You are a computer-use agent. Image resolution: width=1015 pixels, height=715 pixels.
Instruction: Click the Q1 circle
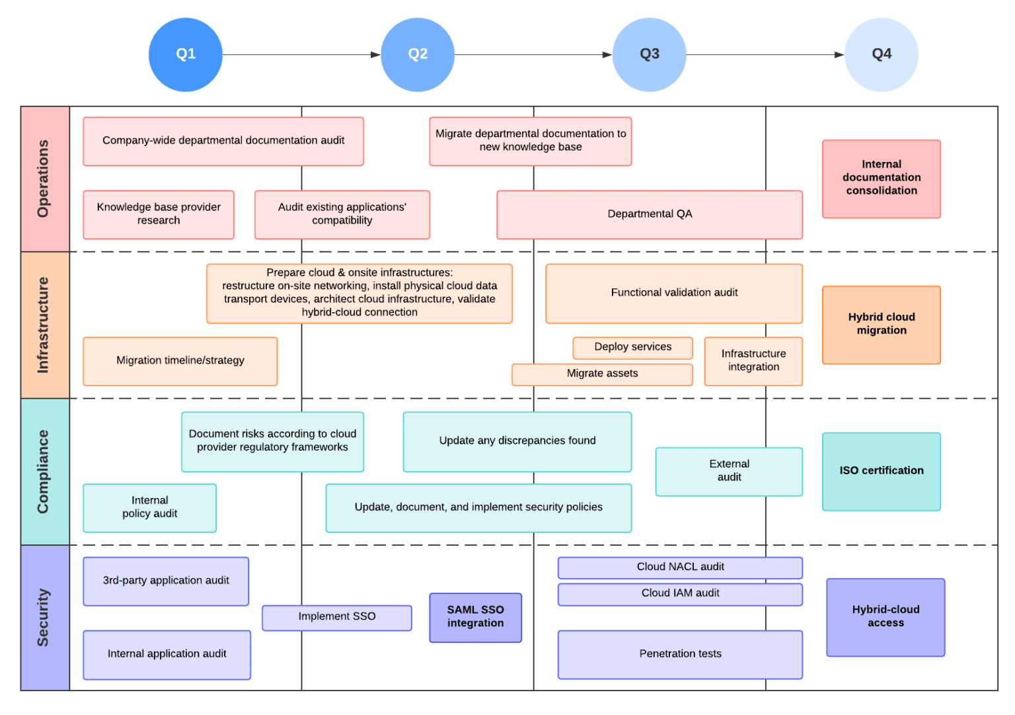186,54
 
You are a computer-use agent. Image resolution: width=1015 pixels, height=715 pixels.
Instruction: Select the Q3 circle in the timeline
650,54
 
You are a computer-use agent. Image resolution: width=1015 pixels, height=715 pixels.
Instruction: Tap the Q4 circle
882,54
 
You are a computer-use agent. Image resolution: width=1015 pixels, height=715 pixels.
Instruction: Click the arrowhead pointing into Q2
375,55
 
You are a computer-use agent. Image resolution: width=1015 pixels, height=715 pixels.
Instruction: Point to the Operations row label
44,179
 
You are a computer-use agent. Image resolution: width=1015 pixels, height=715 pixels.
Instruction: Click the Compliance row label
44,472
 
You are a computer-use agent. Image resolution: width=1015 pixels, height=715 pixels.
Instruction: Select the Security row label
44,618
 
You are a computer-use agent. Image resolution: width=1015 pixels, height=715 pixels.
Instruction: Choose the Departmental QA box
650,214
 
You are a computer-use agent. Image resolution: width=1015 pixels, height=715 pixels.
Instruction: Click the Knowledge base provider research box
159,214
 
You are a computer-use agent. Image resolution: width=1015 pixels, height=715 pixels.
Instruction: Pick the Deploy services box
632,347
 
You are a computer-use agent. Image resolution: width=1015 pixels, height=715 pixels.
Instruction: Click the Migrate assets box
602,374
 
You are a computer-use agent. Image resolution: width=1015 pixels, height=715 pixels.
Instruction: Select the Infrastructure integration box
753,361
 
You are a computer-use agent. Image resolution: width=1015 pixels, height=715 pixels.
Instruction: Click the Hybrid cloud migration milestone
881,325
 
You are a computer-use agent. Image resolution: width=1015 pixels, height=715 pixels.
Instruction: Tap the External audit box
729,472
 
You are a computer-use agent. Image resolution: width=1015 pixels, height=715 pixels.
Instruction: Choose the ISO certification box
881,472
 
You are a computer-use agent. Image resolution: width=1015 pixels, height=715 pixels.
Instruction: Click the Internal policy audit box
149,508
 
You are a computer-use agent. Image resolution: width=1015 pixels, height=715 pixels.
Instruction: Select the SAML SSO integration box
475,617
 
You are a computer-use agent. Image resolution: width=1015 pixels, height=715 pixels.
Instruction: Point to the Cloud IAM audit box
680,594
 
